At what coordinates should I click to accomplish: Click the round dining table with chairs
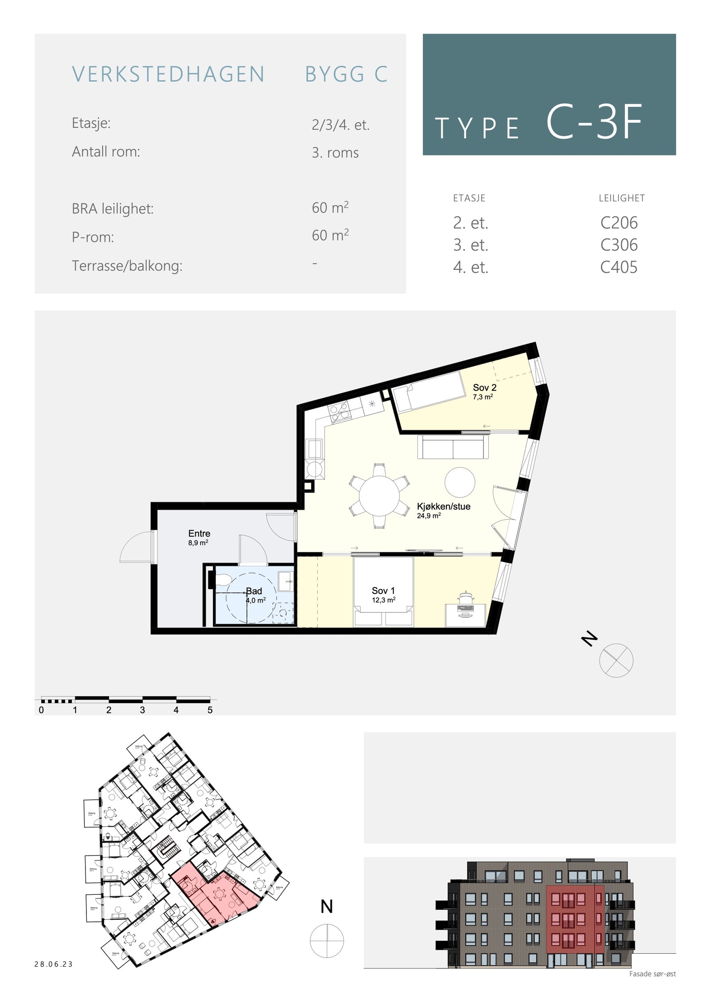coord(379,495)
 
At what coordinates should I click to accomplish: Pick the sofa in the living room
coord(452,447)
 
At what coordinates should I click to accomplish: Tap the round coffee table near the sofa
coord(460,482)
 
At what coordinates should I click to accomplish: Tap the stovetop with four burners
coord(339,412)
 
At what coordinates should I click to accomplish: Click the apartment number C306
coord(619,245)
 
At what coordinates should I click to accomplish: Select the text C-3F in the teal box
coord(594,123)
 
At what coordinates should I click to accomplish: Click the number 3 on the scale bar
coord(142,710)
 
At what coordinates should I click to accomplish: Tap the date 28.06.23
coord(54,964)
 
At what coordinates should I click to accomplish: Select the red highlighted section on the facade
coord(574,919)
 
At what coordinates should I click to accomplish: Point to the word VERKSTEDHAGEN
coord(168,74)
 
